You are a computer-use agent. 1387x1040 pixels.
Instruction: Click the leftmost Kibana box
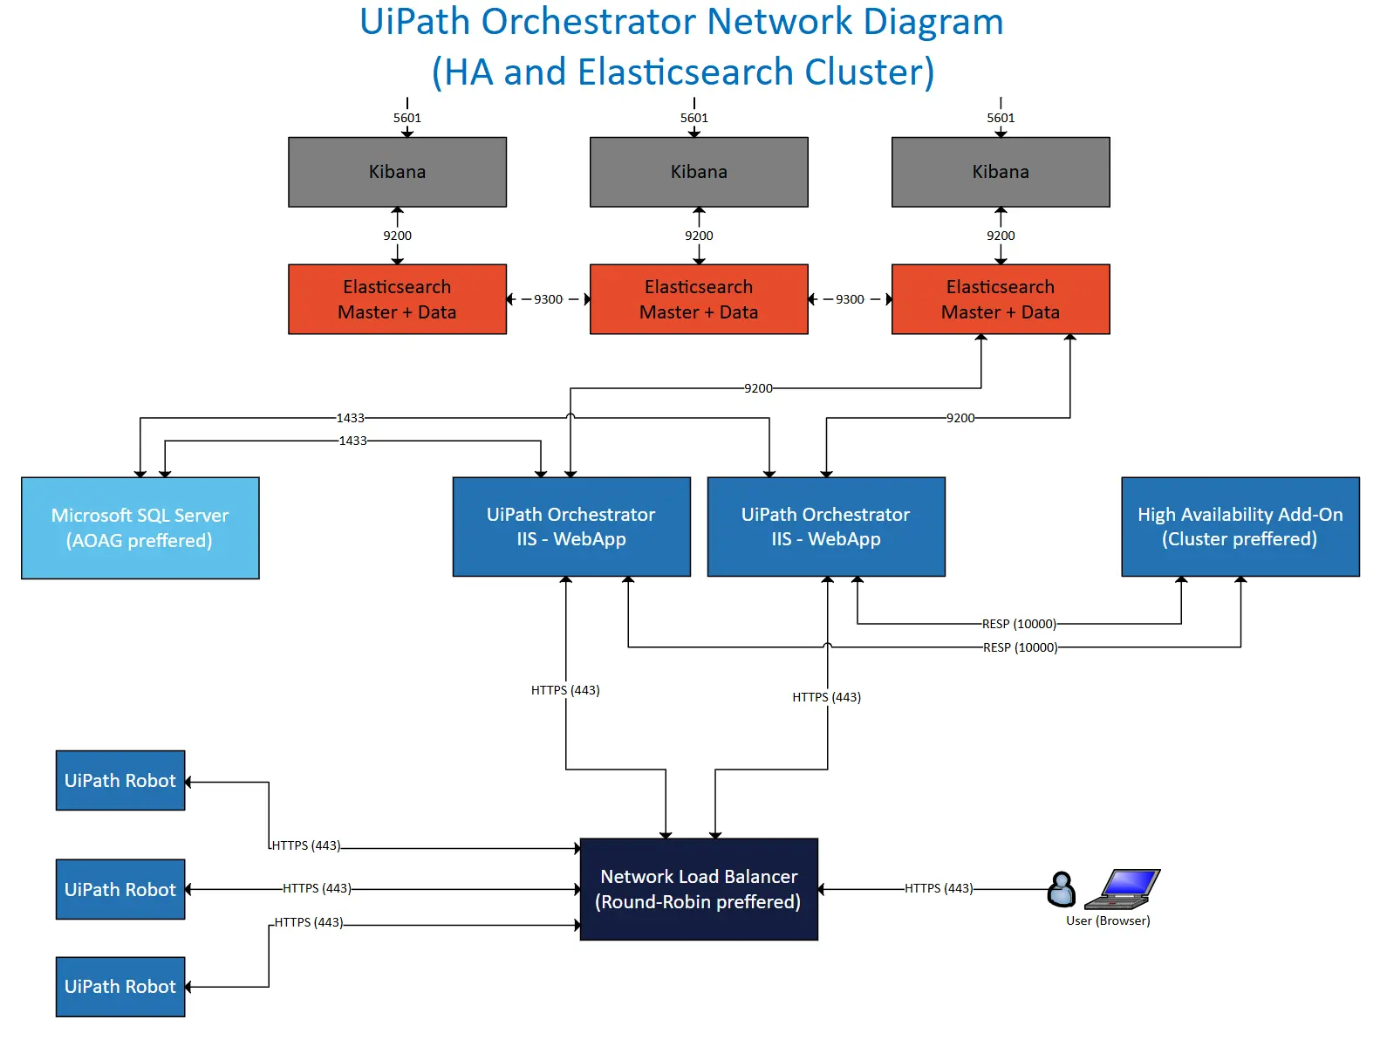[397, 172]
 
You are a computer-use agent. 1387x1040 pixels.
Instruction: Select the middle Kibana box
[699, 172]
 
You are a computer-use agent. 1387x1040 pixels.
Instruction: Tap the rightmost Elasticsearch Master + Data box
[1001, 299]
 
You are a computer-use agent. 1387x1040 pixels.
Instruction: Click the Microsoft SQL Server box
[140, 528]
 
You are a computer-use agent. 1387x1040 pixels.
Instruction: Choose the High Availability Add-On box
[1240, 527]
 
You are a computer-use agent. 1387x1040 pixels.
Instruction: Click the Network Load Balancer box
[699, 889]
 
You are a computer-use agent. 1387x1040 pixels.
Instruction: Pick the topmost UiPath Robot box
[120, 781]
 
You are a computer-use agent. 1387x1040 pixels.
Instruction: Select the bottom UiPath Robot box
[120, 987]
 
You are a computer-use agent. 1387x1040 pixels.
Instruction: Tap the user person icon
[1061, 890]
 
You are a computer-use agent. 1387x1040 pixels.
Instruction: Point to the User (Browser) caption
[1108, 921]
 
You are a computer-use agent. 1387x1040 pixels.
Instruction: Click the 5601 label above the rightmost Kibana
[1001, 118]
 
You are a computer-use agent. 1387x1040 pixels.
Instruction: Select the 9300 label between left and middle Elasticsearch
[548, 299]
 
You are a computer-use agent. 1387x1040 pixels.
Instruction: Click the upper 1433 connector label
[351, 418]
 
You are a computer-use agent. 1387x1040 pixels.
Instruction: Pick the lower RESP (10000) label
[1020, 647]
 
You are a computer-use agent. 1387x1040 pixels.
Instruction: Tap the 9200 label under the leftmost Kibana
[397, 236]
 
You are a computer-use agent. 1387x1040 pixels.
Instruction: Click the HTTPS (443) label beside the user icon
[939, 888]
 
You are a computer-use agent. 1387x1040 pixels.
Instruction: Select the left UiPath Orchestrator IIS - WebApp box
[571, 527]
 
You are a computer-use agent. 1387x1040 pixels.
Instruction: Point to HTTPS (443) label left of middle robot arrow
[317, 888]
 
